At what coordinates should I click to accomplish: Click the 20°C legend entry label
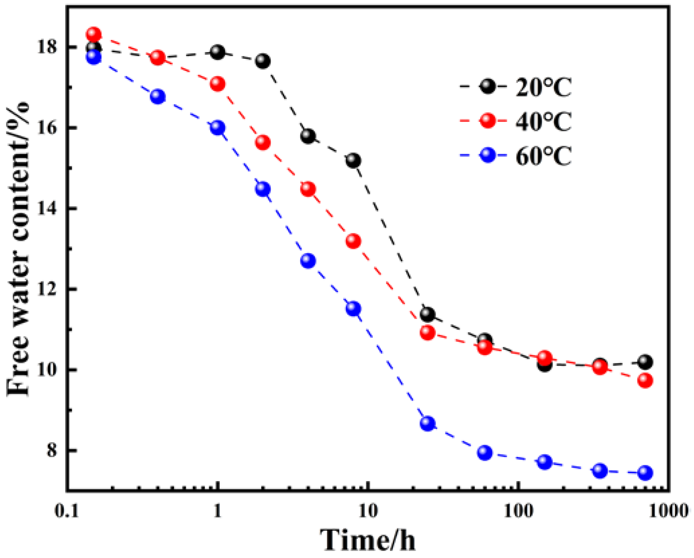pos(543,88)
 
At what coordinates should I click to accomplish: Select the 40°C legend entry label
pos(543,122)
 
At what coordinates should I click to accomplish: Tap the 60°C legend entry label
pos(543,156)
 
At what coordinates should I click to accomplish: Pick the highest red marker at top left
pos(94,34)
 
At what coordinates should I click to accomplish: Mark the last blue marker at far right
pos(645,473)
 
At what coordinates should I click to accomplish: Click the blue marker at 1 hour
pos(218,128)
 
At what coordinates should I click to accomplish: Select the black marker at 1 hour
pos(218,52)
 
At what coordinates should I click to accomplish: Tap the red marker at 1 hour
pos(218,83)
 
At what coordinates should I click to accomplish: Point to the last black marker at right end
pos(645,362)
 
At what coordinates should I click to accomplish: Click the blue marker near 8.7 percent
pos(427,423)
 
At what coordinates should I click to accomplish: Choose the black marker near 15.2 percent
pos(353,160)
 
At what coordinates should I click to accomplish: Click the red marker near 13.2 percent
pos(353,241)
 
